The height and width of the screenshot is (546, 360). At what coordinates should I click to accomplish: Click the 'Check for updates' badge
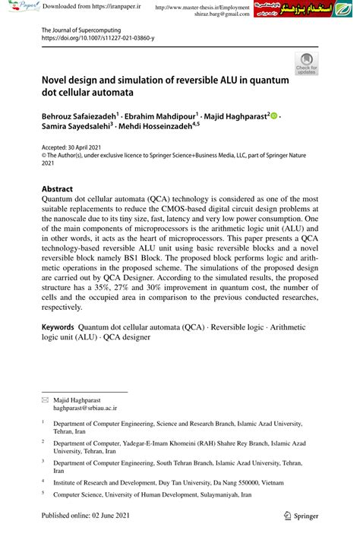(x=306, y=64)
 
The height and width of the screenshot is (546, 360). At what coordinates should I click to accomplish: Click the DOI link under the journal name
(x=96, y=37)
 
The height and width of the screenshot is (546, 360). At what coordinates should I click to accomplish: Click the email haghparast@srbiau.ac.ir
(x=96, y=407)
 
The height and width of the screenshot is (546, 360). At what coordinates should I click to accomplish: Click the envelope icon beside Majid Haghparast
(x=46, y=399)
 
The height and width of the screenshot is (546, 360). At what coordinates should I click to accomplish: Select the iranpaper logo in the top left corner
(x=19, y=8)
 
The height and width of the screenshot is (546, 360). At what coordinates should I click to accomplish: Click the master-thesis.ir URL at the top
(x=201, y=7)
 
